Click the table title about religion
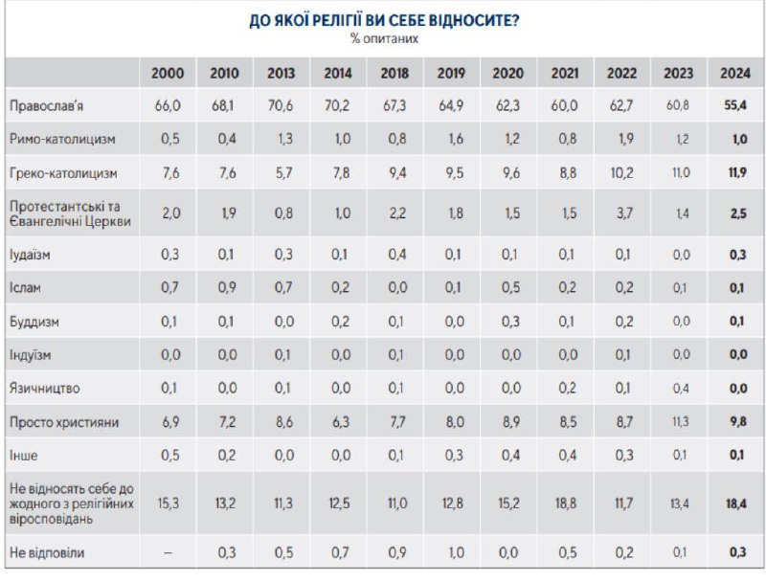click(383, 20)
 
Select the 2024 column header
click(735, 74)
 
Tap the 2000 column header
click(167, 74)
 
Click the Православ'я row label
click(45, 105)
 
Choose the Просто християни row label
click(56, 421)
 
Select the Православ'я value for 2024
click(734, 105)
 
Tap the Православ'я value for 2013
click(281, 105)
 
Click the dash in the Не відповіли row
click(168, 550)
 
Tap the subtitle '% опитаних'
click(383, 39)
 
